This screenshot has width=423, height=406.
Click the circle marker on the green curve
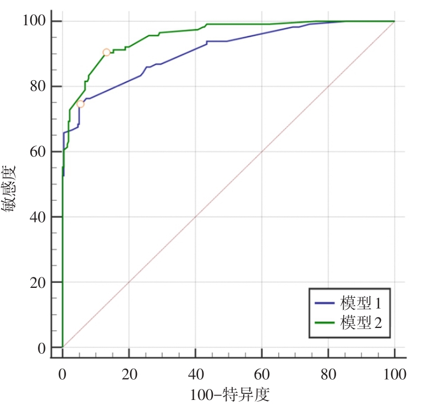tap(106, 52)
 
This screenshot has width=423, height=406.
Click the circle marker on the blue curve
tap(80, 104)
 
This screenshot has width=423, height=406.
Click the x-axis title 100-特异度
tap(230, 394)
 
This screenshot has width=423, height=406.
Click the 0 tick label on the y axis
tap(42, 348)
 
